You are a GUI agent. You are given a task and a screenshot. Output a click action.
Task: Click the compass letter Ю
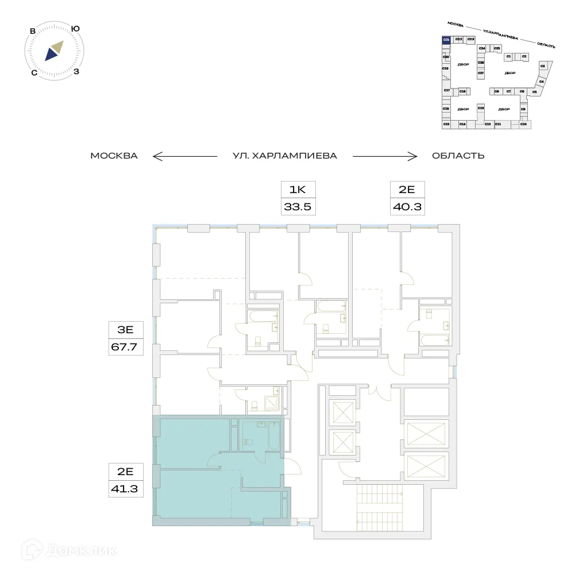pos(75,28)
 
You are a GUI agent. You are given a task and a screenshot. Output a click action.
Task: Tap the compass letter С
pos(34,72)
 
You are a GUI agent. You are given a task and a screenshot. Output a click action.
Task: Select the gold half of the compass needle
pos(57,47)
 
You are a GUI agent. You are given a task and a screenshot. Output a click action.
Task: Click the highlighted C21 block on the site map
pos(446,39)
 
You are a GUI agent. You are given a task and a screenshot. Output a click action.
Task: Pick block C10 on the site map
pos(523,124)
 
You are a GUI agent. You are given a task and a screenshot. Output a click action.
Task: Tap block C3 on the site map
pos(543,67)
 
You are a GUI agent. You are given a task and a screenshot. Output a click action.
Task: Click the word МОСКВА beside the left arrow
pos(114,156)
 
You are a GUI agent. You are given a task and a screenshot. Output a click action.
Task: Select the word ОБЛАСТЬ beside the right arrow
pos(458,156)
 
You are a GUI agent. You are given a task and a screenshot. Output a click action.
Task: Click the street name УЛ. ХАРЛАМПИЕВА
pos(284,156)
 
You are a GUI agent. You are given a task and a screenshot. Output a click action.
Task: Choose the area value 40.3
pos(407,207)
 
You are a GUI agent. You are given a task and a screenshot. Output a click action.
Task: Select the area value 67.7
pos(126,348)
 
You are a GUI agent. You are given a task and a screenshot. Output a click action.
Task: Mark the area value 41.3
pos(126,489)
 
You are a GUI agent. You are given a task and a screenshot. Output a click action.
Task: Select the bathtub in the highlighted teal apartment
pos(273,437)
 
